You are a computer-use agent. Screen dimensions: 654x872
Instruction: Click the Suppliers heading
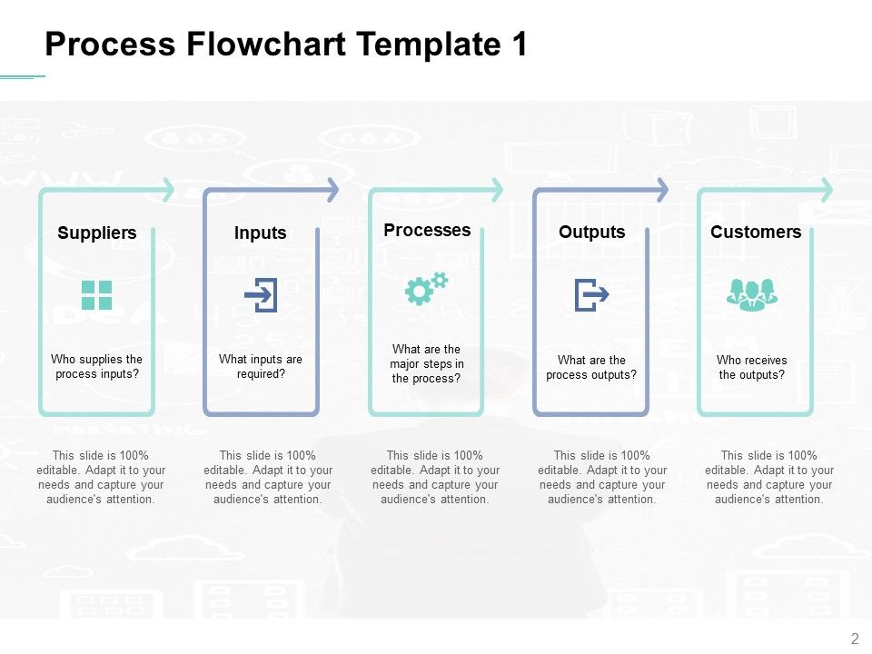[x=97, y=233]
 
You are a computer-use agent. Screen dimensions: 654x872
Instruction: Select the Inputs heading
[x=261, y=233]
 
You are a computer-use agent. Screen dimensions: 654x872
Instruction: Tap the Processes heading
[x=427, y=230]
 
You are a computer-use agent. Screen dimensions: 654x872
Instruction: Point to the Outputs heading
[x=592, y=233]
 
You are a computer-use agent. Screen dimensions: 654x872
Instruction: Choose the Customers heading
[x=756, y=233]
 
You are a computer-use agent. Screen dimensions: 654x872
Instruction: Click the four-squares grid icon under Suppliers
[x=97, y=295]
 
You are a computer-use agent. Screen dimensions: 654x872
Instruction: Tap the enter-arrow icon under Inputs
[x=262, y=295]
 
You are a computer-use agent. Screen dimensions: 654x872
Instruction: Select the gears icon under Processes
[x=426, y=288]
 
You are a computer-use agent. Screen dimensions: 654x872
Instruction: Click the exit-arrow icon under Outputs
[x=591, y=295]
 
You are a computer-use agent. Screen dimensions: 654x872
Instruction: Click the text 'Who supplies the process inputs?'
[x=97, y=367]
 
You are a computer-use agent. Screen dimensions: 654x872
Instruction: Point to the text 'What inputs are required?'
[x=261, y=366]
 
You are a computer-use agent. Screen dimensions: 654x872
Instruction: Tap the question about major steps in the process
[x=427, y=364]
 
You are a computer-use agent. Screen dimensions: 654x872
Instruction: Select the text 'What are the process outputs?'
[x=591, y=367]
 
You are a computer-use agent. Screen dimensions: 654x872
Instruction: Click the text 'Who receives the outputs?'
[x=752, y=367]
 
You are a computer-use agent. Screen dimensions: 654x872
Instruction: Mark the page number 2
[x=855, y=638]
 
